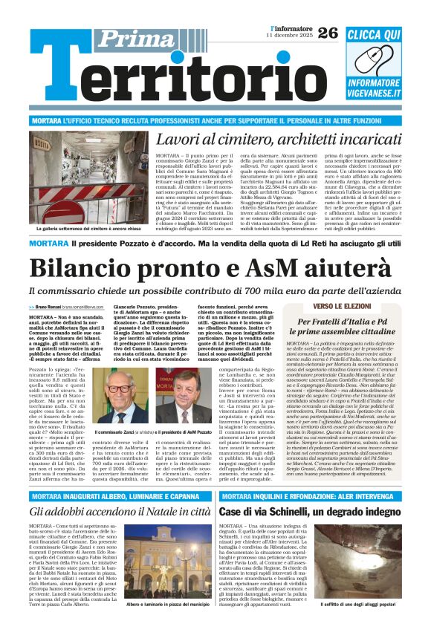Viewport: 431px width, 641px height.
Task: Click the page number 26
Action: tap(328, 33)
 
